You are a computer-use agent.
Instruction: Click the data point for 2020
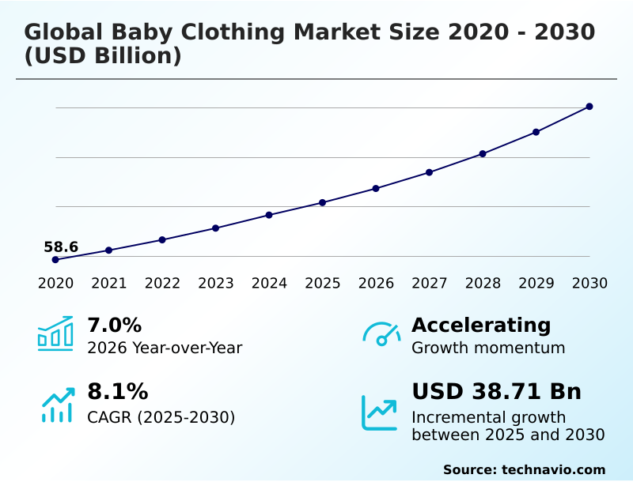[55, 259]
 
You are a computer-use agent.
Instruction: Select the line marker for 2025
[323, 202]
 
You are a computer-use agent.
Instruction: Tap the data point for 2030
[589, 107]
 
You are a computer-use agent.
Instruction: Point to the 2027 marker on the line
[429, 172]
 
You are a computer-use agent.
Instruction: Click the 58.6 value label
[61, 247]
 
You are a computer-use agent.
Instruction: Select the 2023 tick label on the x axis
[216, 284]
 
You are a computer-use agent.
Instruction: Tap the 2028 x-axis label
[483, 284]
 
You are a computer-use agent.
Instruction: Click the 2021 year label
[109, 284]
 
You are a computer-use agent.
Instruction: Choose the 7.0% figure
[114, 326]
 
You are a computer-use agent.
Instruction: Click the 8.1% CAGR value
[117, 392]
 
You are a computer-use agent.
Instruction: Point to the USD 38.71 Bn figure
[496, 392]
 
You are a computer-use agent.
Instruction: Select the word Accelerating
[481, 326]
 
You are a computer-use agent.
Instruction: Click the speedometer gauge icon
[381, 333]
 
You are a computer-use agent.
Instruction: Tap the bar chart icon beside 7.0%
[55, 333]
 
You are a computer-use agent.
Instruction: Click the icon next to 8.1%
[57, 405]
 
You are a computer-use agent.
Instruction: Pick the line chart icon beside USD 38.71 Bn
[380, 412]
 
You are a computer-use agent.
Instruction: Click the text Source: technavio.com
[524, 469]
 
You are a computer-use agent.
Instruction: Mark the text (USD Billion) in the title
[103, 57]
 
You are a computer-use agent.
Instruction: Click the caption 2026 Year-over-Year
[165, 348]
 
